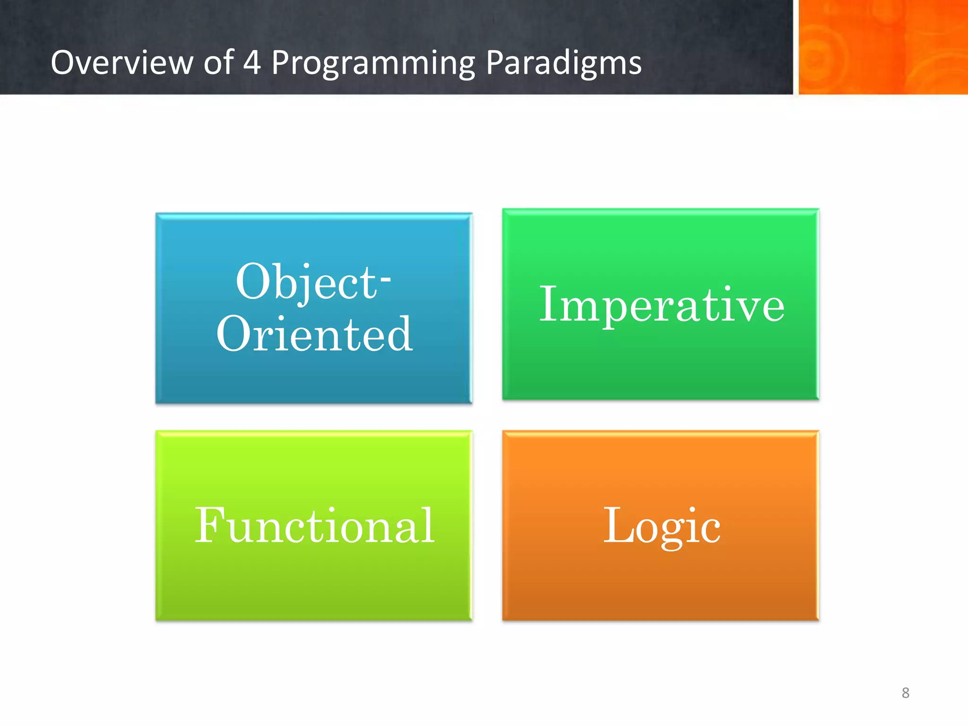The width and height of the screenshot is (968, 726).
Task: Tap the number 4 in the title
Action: (252, 62)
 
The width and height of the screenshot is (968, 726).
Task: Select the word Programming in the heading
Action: (373, 63)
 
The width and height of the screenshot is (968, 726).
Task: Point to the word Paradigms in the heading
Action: (563, 63)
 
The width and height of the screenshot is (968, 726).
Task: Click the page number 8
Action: (905, 693)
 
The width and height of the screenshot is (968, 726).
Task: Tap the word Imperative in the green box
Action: (662, 305)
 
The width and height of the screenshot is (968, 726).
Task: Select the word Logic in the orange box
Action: (662, 526)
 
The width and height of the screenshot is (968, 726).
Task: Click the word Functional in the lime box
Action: (314, 526)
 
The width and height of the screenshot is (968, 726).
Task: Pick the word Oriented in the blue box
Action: (314, 334)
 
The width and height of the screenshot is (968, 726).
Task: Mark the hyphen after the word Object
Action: (386, 280)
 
